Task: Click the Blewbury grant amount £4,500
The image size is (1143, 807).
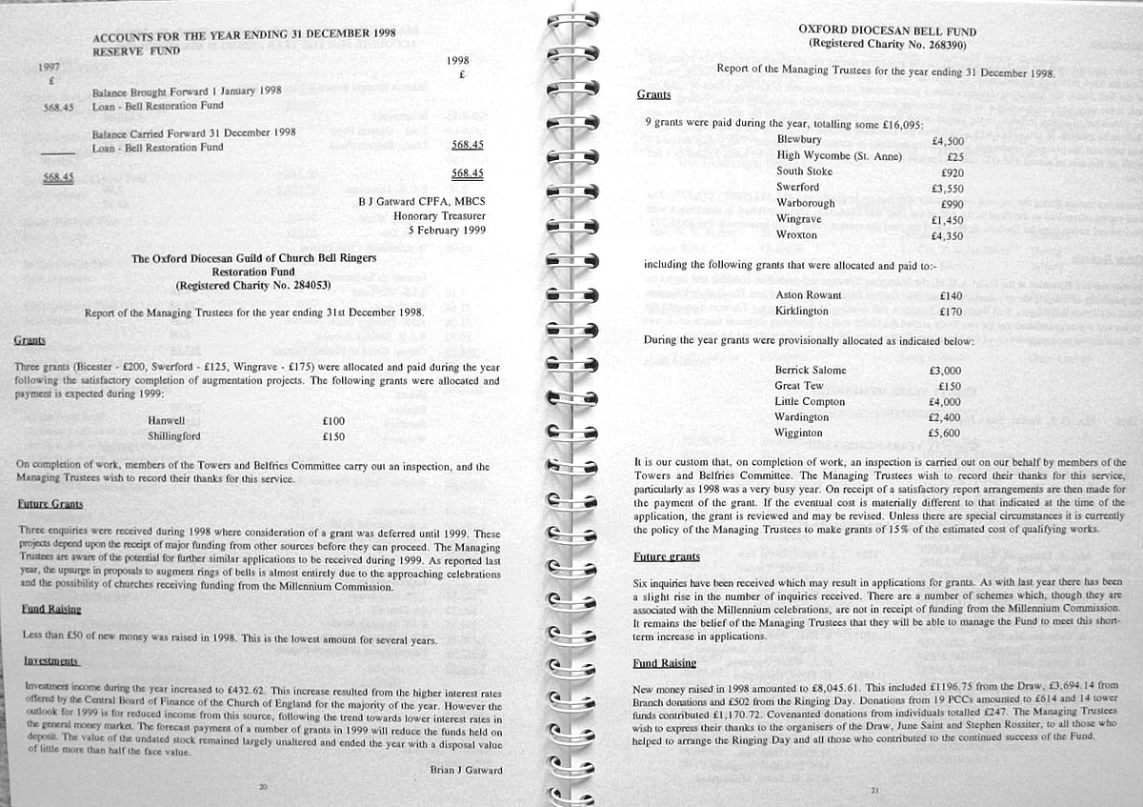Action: click(948, 140)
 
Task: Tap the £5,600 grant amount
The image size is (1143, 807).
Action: click(944, 434)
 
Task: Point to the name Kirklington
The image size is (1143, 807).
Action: click(802, 312)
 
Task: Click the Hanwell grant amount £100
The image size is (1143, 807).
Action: click(333, 420)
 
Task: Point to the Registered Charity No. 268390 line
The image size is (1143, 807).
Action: click(887, 44)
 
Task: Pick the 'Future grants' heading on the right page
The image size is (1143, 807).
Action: click(667, 556)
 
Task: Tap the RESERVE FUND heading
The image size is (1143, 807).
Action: click(136, 50)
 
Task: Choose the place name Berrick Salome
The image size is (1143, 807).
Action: click(811, 371)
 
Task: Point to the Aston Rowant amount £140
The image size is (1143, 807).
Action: click(951, 296)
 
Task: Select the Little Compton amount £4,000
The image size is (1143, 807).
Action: click(945, 402)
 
